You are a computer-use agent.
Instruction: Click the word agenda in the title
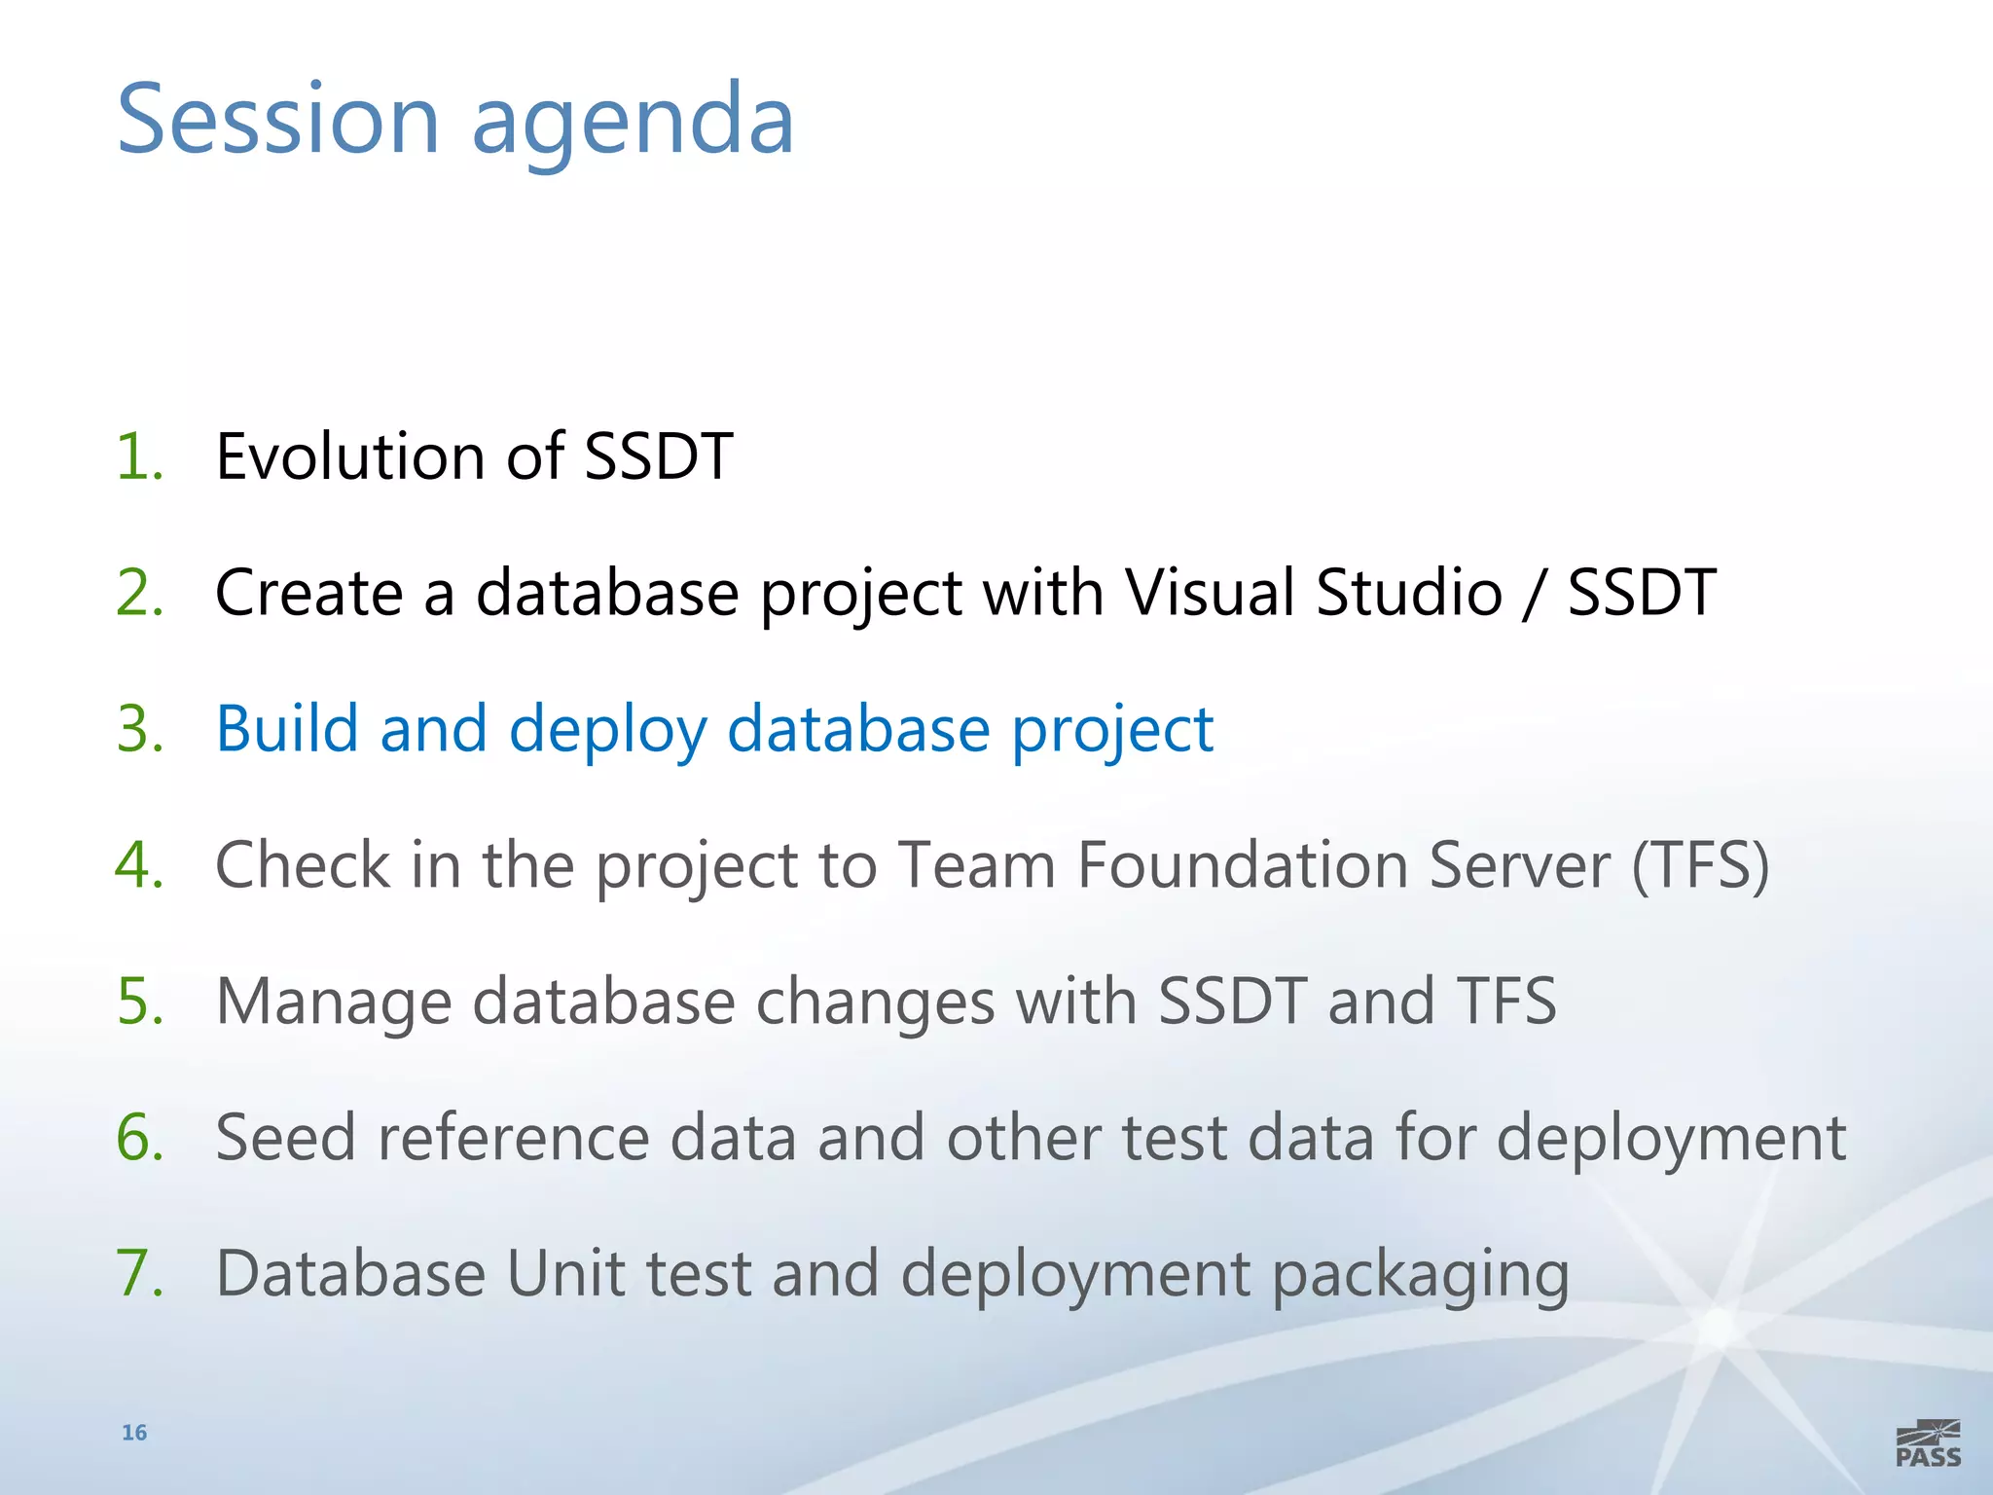634,122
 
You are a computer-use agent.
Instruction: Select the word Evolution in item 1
349,456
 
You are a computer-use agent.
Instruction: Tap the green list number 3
139,728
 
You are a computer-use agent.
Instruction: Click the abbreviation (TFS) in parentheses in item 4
1700,864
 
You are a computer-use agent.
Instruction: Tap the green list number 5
139,1001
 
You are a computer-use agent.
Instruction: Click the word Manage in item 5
334,1003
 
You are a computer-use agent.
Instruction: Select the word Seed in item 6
285,1137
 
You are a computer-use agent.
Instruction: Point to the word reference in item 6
513,1137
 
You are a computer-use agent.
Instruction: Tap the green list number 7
139,1273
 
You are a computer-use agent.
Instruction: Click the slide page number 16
134,1432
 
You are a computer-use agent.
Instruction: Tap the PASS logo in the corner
1928,1443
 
